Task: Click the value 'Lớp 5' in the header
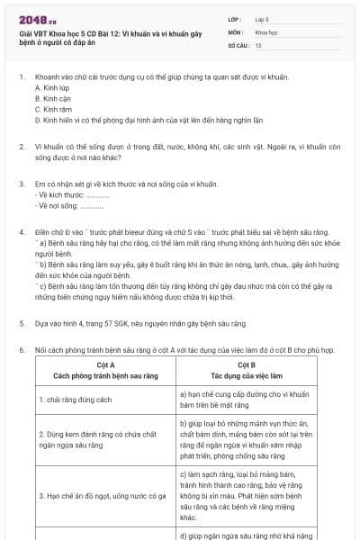pos(263,19)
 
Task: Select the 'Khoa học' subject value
pos(266,31)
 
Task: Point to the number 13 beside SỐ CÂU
pos(258,44)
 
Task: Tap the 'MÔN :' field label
pos(237,31)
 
